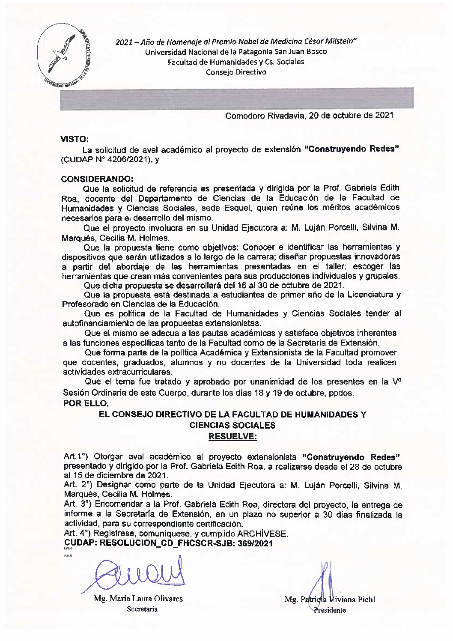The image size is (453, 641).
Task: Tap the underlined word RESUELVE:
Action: (232, 436)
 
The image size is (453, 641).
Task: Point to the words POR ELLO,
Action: (86, 403)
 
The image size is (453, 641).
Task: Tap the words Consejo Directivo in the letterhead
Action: (236, 72)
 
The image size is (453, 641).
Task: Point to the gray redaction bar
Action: (237, 98)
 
